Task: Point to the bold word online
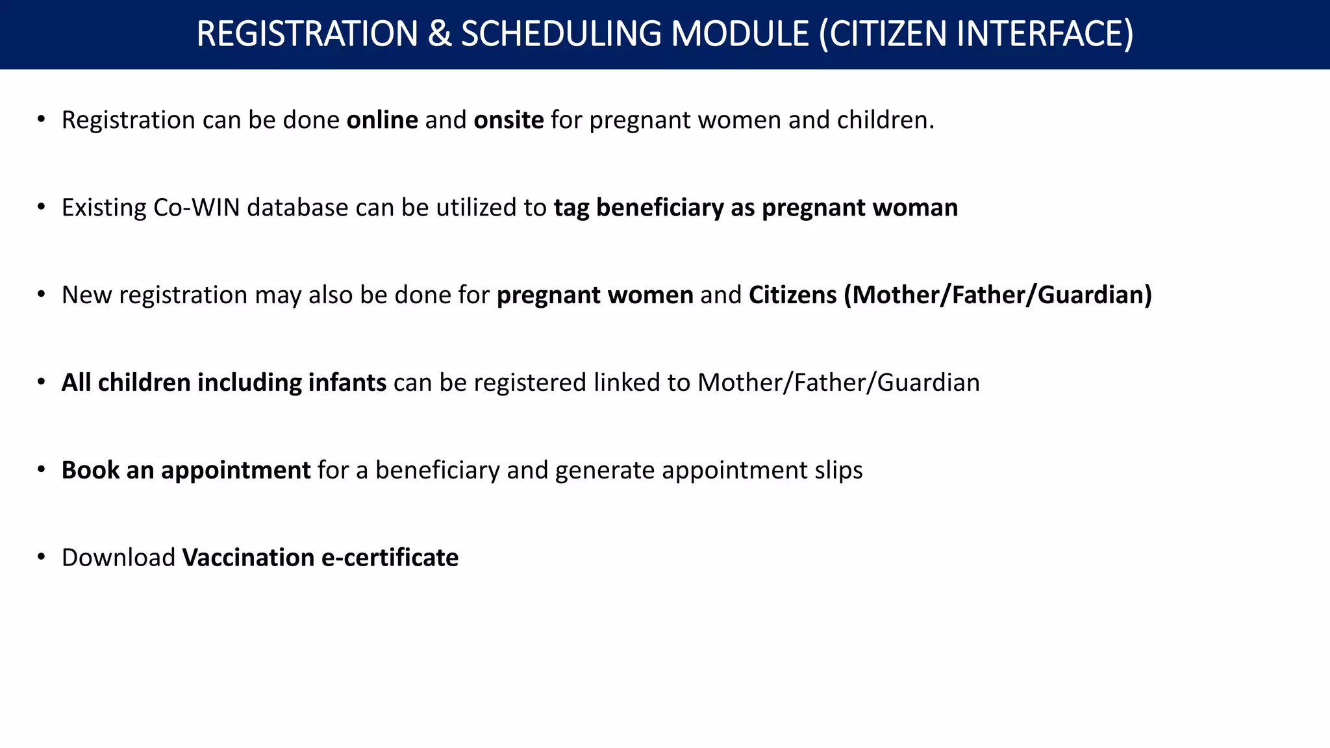pos(382,120)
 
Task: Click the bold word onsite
pos(508,120)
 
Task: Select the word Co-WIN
pos(196,208)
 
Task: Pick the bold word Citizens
pos(792,295)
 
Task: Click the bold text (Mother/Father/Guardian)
pos(998,295)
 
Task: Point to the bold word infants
pos(347,382)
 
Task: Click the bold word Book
pos(90,470)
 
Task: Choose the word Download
pos(118,558)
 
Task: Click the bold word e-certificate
pos(390,558)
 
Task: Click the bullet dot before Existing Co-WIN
pos(41,207)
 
